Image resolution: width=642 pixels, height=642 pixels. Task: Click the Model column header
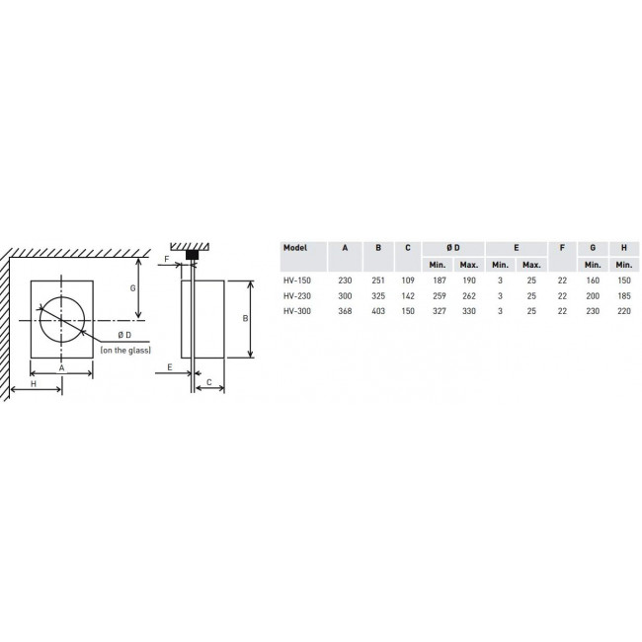(294, 248)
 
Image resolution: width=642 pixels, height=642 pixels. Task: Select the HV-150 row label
(297, 281)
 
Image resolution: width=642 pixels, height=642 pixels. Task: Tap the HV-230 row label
(297, 296)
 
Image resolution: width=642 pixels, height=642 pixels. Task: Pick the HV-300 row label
(297, 311)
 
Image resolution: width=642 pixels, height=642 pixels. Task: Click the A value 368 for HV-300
(345, 311)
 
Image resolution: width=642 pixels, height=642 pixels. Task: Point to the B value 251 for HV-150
(378, 281)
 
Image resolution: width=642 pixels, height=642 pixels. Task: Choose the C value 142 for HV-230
(408, 296)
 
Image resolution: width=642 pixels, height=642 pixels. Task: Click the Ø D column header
(453, 248)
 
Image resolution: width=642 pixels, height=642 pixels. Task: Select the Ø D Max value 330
(469, 311)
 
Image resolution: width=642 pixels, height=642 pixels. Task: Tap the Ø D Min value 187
(440, 281)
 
